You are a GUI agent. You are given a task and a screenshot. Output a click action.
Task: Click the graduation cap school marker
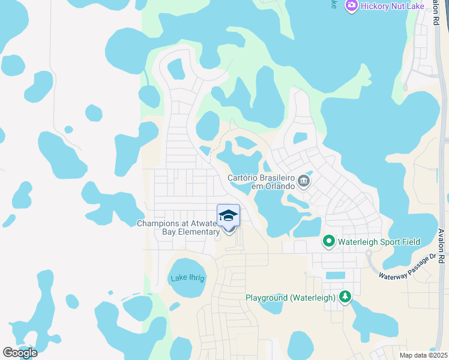(228, 216)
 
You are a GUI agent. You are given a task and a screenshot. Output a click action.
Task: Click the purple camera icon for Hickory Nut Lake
(351, 6)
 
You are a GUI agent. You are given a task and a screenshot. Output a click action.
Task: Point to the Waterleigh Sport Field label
(378, 242)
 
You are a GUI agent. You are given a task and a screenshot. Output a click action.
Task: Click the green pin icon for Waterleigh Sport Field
(328, 242)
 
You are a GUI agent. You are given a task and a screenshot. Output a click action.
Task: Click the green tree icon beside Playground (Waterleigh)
(345, 297)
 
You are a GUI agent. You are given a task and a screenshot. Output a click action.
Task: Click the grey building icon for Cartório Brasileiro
(304, 181)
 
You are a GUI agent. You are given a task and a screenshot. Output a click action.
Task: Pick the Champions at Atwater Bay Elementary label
(178, 227)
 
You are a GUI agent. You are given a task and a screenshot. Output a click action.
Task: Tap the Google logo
(19, 352)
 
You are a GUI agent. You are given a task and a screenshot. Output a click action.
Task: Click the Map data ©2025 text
(423, 355)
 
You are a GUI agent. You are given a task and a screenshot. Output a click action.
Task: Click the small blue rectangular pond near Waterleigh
(336, 275)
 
